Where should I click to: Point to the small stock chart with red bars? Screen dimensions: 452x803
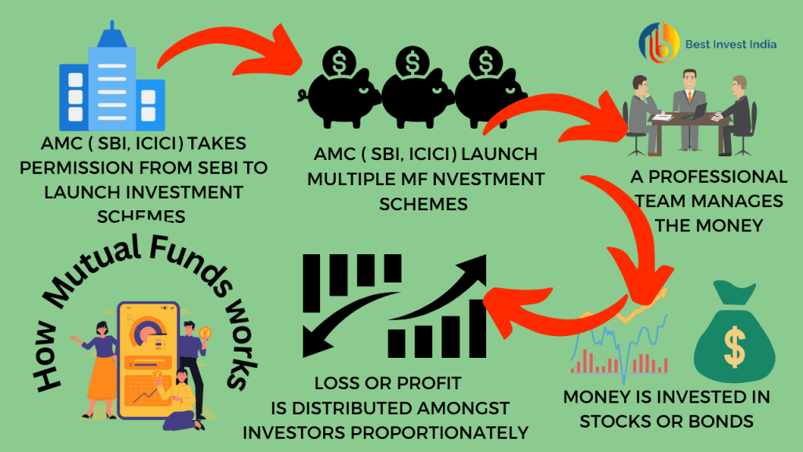coord(620,345)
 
